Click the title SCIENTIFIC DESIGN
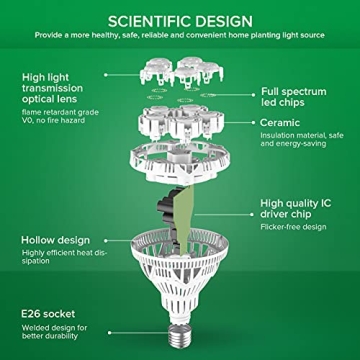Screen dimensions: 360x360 (180, 18)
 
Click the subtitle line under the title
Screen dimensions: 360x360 (180, 37)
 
